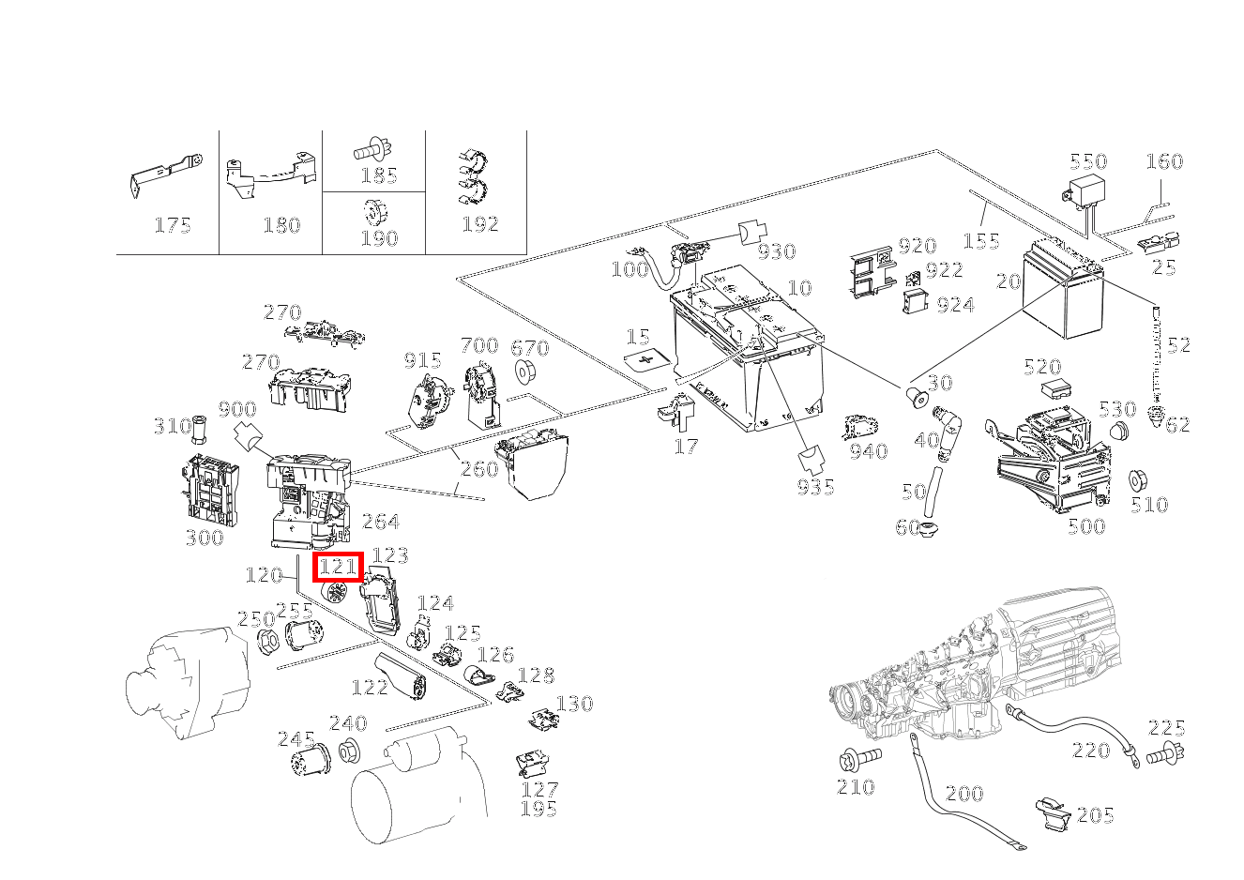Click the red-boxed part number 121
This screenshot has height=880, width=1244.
click(338, 567)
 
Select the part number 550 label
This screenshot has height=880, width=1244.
click(1088, 161)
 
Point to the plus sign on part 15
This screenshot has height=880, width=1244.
click(644, 359)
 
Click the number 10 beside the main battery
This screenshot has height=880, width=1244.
click(799, 288)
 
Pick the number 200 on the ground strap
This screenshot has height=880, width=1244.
click(963, 794)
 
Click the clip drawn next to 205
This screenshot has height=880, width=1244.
click(1054, 813)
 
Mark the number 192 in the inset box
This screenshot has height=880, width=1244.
click(479, 224)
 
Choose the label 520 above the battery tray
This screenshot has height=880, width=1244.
click(1042, 367)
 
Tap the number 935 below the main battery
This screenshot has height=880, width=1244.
click(815, 487)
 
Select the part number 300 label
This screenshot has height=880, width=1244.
click(205, 538)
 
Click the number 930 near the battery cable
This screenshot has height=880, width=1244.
click(777, 251)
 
